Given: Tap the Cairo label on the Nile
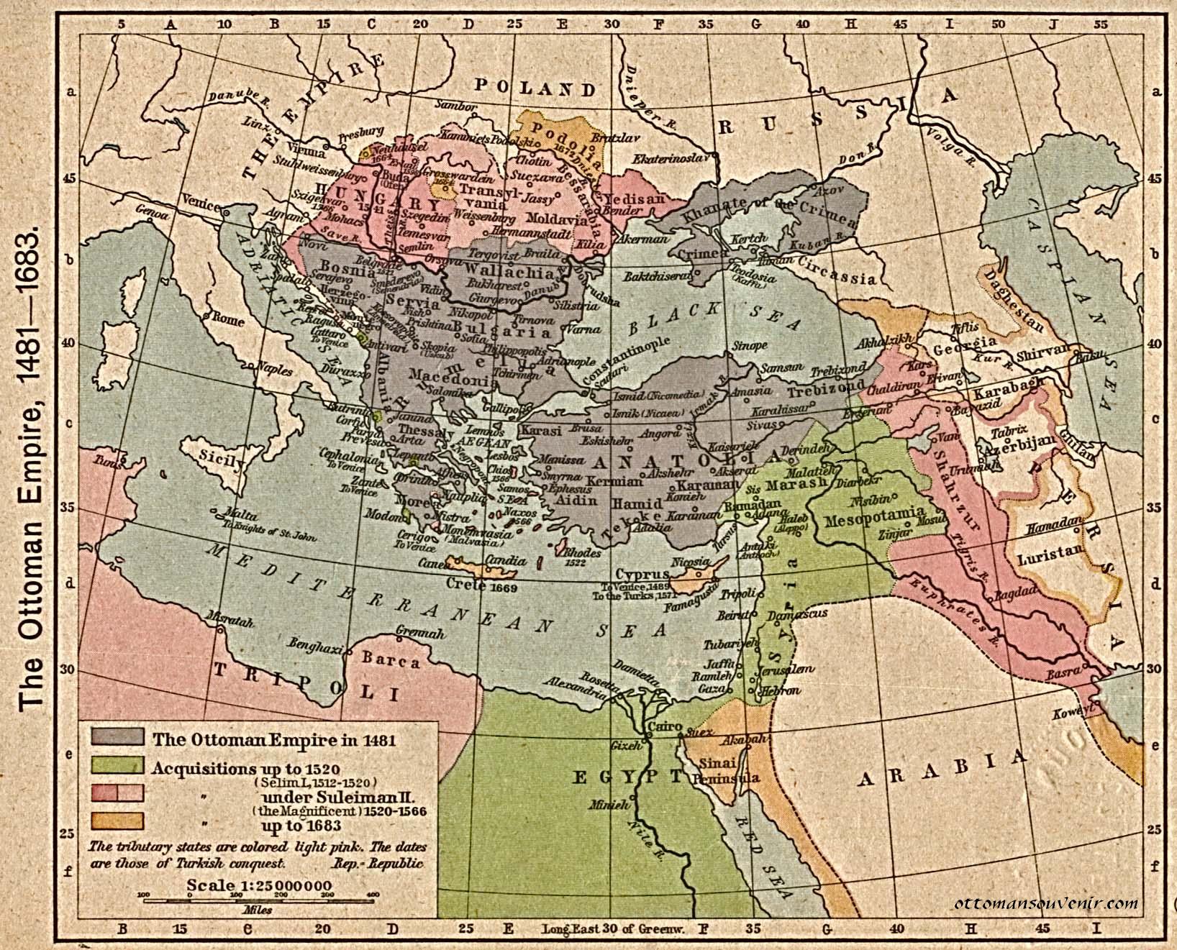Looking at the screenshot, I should (x=664, y=727).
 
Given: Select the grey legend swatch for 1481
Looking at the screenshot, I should (x=117, y=737).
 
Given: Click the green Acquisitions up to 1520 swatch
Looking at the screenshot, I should (x=117, y=765).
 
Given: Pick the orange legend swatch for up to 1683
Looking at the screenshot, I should (x=117, y=821).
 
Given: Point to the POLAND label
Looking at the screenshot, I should (x=535, y=88).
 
